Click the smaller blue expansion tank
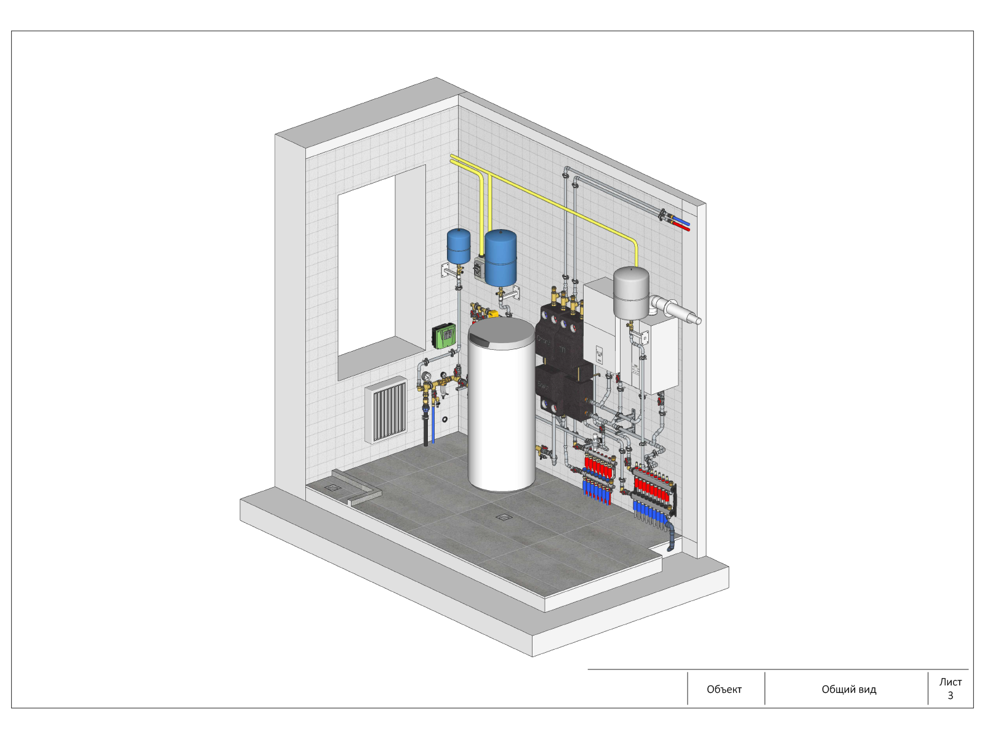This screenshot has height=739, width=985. click(x=458, y=246)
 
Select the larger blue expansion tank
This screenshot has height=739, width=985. click(x=501, y=258)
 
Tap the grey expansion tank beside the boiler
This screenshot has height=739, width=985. click(x=631, y=293)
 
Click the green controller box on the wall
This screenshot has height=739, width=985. click(x=444, y=336)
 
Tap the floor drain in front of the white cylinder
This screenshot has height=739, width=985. click(x=504, y=517)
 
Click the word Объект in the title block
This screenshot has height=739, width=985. click(x=724, y=689)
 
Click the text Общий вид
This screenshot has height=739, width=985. click(x=848, y=689)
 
